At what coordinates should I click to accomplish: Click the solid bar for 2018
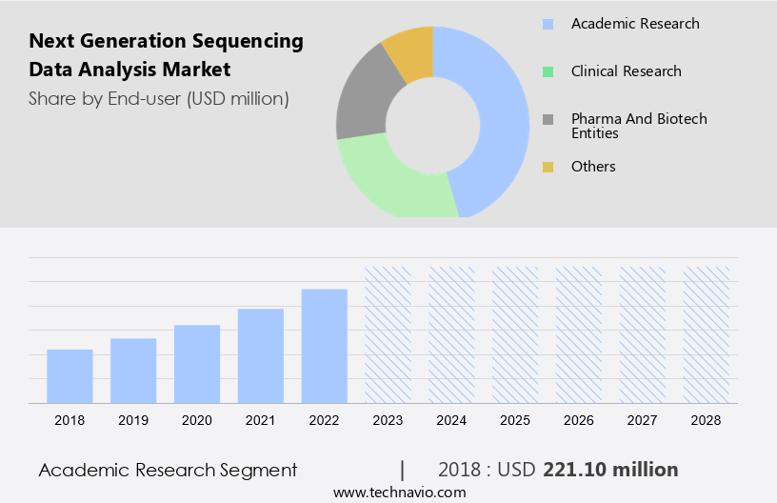pyautogui.click(x=70, y=376)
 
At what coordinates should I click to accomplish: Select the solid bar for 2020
pyautogui.click(x=197, y=364)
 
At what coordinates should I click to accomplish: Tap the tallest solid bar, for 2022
pyautogui.click(x=325, y=346)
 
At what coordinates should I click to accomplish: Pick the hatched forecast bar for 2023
pyautogui.click(x=388, y=334)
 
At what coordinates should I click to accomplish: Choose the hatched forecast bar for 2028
pyautogui.click(x=706, y=334)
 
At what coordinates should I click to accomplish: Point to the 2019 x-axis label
pyautogui.click(x=133, y=420)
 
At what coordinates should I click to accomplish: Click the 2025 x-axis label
pyautogui.click(x=515, y=420)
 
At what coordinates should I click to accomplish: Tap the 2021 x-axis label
pyautogui.click(x=261, y=420)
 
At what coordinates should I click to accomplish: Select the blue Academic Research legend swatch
pyautogui.click(x=548, y=24)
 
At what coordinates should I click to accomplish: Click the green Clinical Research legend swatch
pyautogui.click(x=548, y=71)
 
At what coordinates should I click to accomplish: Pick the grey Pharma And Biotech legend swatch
pyautogui.click(x=548, y=119)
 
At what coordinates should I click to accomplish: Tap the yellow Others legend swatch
pyautogui.click(x=548, y=167)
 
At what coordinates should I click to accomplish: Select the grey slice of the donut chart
pyautogui.click(x=360, y=103)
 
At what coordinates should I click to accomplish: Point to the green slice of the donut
pyautogui.click(x=390, y=181)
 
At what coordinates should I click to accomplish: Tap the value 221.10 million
pyautogui.click(x=610, y=470)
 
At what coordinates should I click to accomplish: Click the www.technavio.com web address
pyautogui.click(x=399, y=493)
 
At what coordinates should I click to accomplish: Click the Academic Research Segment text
pyautogui.click(x=168, y=470)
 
